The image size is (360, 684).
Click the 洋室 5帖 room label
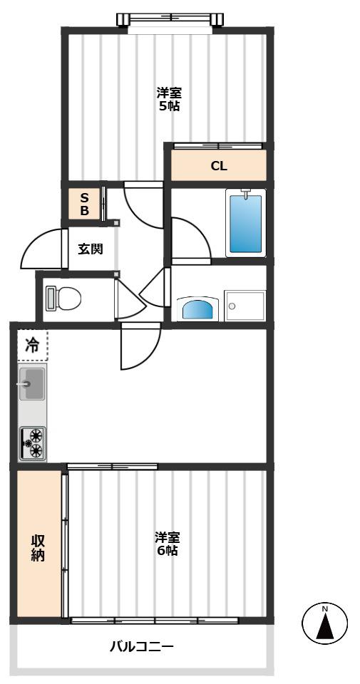tap(170, 99)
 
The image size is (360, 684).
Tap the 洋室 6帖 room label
tap(168, 543)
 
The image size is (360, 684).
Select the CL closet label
tap(219, 166)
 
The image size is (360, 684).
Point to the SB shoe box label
tap(85, 204)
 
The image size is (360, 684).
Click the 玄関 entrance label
tap(91, 249)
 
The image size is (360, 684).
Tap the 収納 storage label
tap(38, 547)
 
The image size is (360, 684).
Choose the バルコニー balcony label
tap(143, 646)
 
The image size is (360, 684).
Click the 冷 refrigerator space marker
tap(32, 346)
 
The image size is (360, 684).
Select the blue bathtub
tap(246, 223)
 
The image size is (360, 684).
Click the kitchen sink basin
tap(31, 384)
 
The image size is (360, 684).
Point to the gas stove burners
tap(32, 444)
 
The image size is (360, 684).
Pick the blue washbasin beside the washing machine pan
tap(200, 309)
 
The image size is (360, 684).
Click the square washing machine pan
tap(245, 306)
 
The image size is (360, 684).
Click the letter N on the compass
tap(324, 608)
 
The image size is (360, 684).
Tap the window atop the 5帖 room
tap(170, 19)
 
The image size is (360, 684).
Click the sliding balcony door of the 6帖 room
tap(155, 621)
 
